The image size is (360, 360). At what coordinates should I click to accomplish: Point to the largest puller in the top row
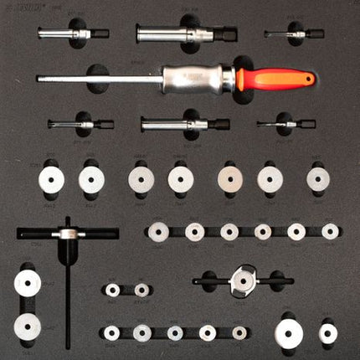click(184, 34)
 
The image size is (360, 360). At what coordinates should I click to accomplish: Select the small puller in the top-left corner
click(73, 34)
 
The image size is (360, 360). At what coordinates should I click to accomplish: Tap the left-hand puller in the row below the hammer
click(80, 124)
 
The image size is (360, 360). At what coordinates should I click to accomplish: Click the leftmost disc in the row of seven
click(53, 179)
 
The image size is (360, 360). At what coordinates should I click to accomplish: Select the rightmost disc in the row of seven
click(318, 177)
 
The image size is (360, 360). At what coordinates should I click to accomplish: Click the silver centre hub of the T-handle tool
click(68, 234)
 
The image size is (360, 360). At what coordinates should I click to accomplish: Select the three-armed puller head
click(242, 280)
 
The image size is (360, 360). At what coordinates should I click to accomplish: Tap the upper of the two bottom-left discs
click(28, 284)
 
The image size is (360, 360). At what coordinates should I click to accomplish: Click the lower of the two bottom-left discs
click(28, 325)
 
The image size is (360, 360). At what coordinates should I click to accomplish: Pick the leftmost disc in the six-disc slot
click(158, 231)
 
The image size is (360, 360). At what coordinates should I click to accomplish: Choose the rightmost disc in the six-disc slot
click(331, 231)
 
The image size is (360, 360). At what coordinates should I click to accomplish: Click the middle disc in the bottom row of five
click(175, 332)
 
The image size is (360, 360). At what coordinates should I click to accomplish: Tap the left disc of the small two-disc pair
click(113, 290)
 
